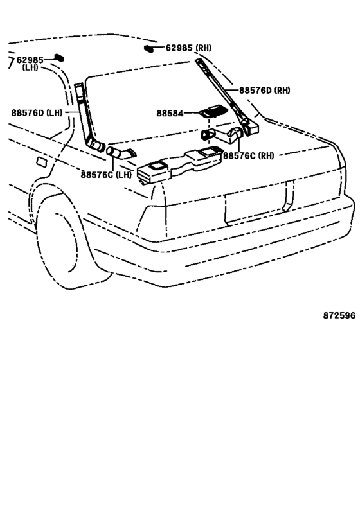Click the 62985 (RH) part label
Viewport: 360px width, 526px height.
click(189, 48)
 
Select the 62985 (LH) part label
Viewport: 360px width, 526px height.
click(30, 64)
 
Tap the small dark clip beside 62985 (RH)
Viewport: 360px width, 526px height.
click(148, 48)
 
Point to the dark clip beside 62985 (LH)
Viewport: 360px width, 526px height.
click(59, 57)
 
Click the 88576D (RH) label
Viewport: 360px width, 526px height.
click(265, 91)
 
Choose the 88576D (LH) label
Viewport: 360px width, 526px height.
click(37, 112)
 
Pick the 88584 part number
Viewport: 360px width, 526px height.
click(170, 114)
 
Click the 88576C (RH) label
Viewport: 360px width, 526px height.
click(249, 155)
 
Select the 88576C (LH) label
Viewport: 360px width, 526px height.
click(106, 175)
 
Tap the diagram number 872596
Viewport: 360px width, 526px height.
click(339, 315)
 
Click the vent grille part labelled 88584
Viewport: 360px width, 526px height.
click(213, 110)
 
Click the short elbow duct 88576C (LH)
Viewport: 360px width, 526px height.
click(122, 152)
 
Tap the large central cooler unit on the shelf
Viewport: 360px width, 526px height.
click(180, 164)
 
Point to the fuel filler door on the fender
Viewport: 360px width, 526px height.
click(42, 162)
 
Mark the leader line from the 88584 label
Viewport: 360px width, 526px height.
click(192, 114)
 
